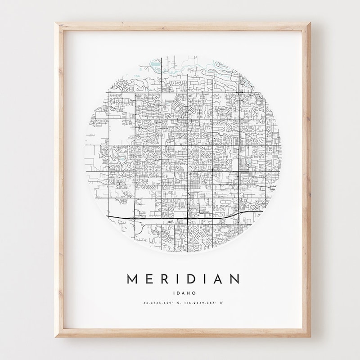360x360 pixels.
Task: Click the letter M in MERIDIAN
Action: tap(133, 279)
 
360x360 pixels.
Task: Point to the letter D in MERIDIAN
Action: tap(196, 279)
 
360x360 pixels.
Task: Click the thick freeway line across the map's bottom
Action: tap(180, 220)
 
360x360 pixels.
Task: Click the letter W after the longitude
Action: tap(221, 302)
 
